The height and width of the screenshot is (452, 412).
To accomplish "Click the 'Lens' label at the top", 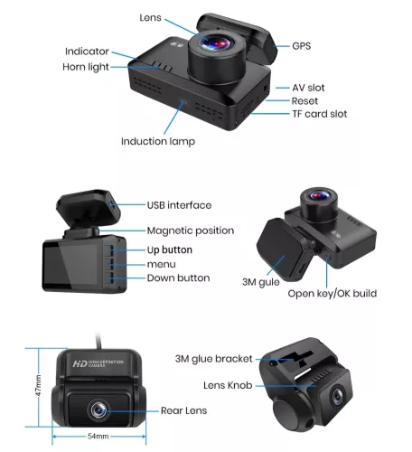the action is click(150, 18).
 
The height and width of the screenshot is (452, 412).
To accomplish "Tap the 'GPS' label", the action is click(302, 46).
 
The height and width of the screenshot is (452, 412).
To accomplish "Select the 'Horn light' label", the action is click(86, 67).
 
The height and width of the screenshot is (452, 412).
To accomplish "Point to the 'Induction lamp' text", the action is click(158, 141).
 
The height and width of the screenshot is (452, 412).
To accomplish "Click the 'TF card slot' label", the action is click(320, 114).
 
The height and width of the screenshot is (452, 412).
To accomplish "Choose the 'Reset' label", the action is click(304, 101).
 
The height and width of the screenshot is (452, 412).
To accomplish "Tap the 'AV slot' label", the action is click(308, 88).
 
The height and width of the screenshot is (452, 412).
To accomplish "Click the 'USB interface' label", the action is click(179, 205).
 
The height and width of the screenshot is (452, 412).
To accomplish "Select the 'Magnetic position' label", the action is click(191, 231).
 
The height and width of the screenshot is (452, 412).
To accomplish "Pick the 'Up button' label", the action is click(170, 250).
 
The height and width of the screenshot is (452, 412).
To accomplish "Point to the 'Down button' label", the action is click(178, 278).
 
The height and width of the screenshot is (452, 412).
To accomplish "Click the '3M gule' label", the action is click(261, 282).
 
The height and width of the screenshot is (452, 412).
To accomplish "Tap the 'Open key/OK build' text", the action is click(332, 294).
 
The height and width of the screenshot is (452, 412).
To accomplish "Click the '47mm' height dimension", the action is click(38, 386).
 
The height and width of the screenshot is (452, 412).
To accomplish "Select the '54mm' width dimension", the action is click(98, 436).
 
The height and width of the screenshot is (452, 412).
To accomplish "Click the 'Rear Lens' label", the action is click(183, 410).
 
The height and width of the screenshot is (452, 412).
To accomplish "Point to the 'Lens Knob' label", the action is click(228, 385).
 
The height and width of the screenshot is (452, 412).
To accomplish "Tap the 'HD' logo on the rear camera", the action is click(80, 363).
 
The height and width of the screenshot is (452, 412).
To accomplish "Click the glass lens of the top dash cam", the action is click(216, 43).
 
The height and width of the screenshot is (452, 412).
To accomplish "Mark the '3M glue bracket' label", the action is click(213, 359).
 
